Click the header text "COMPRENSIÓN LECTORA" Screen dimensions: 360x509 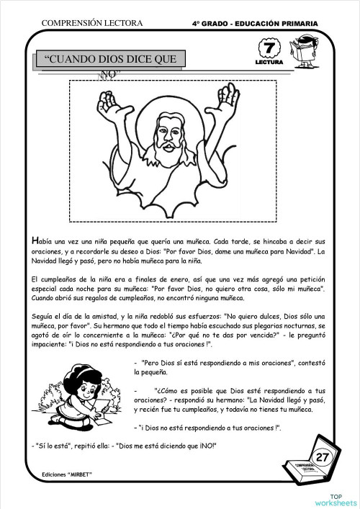coord(92,24)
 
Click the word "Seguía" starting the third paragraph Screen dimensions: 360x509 coord(43,315)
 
